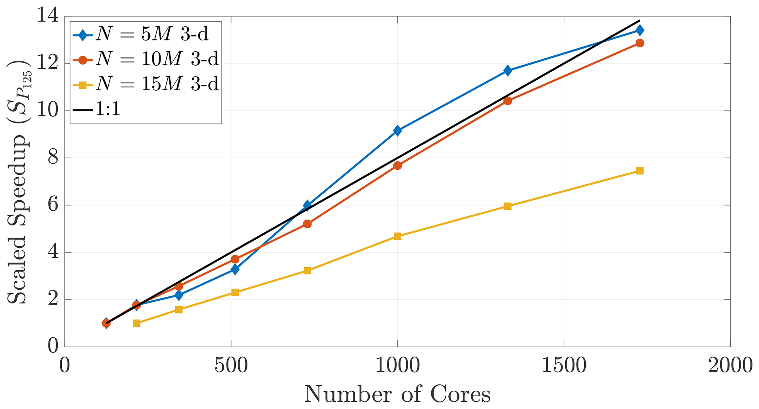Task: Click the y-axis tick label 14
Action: [x=48, y=17]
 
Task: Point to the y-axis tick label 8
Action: [x=53, y=158]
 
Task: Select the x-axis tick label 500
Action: [x=231, y=366]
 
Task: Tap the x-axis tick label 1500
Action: [x=564, y=366]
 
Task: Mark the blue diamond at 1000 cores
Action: [x=397, y=130]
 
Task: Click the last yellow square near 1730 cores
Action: [x=640, y=171]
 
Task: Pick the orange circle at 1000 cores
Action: [x=397, y=166]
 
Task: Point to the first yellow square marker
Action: [x=137, y=323]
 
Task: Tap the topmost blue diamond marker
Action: [x=640, y=30]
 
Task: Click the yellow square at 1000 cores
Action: [x=397, y=236]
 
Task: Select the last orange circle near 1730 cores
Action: [x=640, y=43]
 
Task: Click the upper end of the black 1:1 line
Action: [x=639, y=21]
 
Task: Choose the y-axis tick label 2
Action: [x=53, y=300]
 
